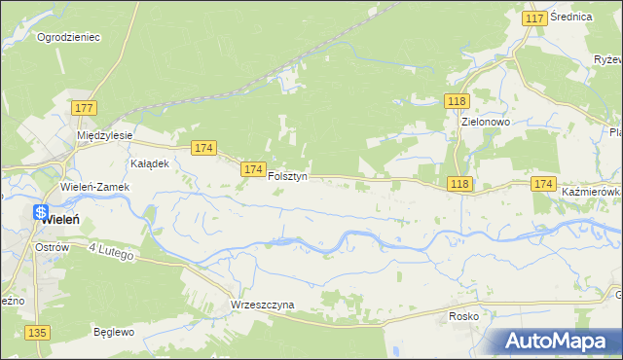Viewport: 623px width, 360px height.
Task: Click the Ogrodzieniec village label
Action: [x=68, y=37]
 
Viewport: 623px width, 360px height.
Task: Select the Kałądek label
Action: [x=150, y=163]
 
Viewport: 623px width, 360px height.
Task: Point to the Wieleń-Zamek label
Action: [x=94, y=187]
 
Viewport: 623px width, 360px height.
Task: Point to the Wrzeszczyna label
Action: [x=262, y=305]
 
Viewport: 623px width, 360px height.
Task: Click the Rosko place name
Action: [x=466, y=316]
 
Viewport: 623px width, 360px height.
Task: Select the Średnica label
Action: [x=572, y=18]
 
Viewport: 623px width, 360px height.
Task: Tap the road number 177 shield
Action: [x=84, y=108]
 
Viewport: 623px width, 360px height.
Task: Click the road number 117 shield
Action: [x=533, y=18]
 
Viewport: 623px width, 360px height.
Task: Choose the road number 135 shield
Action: [x=37, y=333]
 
